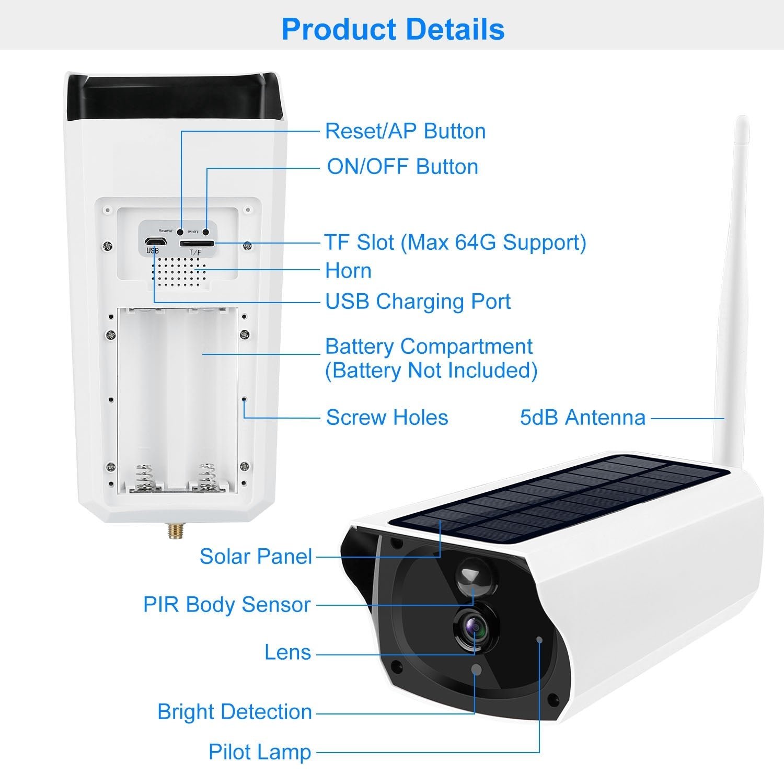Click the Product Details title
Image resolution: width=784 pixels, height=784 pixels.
(393, 29)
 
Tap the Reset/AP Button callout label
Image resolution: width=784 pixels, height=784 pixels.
(405, 131)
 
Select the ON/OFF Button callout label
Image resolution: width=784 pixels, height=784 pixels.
(402, 167)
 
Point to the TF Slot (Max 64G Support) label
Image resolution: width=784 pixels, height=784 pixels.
(455, 243)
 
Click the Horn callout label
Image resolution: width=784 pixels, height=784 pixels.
(348, 271)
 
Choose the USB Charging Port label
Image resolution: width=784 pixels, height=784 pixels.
(418, 302)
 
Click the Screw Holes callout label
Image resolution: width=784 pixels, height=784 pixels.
(387, 418)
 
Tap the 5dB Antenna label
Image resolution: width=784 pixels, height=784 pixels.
(582, 418)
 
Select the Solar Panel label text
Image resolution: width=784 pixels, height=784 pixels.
(256, 557)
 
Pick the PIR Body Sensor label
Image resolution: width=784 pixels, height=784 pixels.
(227, 605)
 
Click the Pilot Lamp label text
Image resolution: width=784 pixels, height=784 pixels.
(260, 752)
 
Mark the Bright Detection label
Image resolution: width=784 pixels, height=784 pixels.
(234, 712)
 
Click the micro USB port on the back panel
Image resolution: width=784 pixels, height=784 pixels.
(155, 242)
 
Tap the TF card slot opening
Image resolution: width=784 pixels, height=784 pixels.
(197, 244)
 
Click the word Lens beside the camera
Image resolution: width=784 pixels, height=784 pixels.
(287, 653)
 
